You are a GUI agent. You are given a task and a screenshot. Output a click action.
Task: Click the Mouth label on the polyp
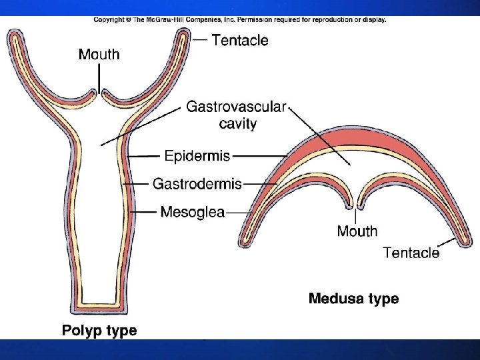coord(99,55)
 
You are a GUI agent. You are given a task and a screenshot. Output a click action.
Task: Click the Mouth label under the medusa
coord(357,231)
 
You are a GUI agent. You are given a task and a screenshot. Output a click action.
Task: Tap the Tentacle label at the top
coord(240,40)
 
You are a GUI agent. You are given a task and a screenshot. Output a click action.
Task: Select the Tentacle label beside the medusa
coord(411,252)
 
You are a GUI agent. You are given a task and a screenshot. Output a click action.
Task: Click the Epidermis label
coord(197,156)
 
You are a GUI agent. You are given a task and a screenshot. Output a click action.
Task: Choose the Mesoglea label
coord(192,212)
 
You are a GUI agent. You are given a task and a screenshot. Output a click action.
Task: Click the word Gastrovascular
coord(236,107)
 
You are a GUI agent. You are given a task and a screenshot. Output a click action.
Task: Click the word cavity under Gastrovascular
coord(238,123)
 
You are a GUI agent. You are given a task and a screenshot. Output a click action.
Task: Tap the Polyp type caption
coord(99,330)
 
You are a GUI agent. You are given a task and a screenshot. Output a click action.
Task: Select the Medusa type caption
coord(353,299)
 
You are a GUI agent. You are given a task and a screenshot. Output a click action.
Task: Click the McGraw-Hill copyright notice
coord(239,20)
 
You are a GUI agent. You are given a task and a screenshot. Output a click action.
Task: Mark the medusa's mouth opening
coord(355,200)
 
